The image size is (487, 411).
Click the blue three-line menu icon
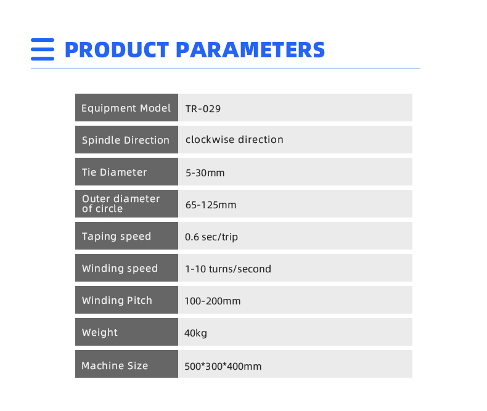click(x=43, y=49)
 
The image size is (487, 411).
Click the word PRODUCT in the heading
click(x=117, y=50)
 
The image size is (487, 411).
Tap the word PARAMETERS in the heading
click(x=250, y=50)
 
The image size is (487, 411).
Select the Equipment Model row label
click(x=126, y=108)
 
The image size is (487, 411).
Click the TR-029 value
click(x=203, y=109)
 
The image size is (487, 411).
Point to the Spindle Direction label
click(x=126, y=140)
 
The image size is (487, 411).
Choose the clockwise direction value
click(x=234, y=140)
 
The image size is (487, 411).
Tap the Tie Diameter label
click(x=114, y=173)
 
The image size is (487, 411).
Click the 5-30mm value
click(x=205, y=173)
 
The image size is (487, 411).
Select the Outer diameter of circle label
click(x=121, y=203)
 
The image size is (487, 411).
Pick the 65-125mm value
click(x=211, y=205)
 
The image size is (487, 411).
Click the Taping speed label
click(x=117, y=237)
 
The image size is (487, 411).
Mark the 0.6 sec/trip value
click(x=211, y=237)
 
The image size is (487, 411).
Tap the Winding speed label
click(x=120, y=269)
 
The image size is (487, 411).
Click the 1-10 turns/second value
click(x=228, y=269)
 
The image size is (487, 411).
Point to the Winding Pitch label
click(x=117, y=301)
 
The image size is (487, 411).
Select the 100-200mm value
click(x=213, y=301)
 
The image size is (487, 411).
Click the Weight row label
click(x=100, y=333)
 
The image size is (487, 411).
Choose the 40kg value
click(x=195, y=333)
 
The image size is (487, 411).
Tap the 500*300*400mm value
click(x=223, y=366)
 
